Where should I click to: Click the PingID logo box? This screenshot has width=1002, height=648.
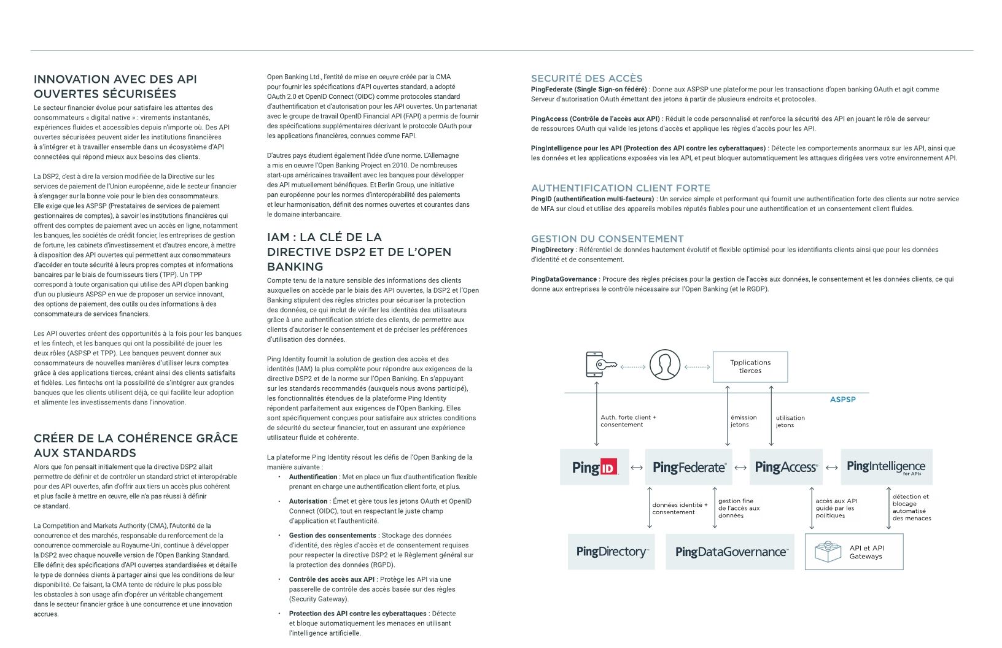594,467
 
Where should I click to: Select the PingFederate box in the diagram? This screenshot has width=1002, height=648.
689,467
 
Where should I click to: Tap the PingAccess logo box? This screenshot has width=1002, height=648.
786,467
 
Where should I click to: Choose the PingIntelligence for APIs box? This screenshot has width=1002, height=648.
886,467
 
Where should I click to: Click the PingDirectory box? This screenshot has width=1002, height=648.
611,552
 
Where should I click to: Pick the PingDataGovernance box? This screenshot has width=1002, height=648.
730,552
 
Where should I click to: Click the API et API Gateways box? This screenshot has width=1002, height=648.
854,552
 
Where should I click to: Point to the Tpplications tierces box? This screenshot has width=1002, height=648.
750,366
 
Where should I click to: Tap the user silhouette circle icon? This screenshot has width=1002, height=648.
665,365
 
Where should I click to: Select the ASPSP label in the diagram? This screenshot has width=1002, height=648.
842,399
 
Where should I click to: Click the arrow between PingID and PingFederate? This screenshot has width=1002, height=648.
637,468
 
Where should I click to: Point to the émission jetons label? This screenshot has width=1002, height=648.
743,421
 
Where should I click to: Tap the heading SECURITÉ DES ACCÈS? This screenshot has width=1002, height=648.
586,79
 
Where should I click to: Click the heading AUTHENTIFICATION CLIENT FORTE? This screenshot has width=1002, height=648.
620,188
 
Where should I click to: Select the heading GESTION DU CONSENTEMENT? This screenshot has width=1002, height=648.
607,239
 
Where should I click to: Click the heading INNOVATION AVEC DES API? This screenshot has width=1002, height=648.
115,79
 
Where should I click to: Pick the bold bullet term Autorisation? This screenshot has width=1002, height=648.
308,501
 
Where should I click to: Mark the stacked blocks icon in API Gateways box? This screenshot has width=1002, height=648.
828,552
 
